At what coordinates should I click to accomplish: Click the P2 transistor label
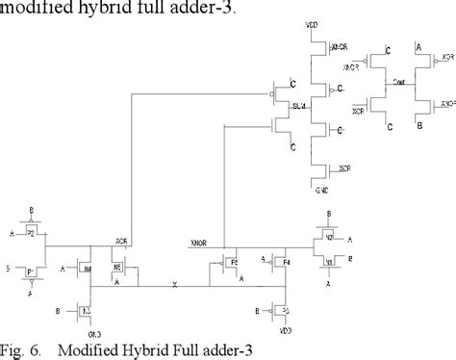click(30, 232)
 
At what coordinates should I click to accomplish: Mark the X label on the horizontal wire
click(173, 285)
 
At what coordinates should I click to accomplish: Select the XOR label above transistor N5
click(122, 240)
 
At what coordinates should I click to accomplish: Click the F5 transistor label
click(233, 260)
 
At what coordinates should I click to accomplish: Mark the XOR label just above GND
click(343, 170)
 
